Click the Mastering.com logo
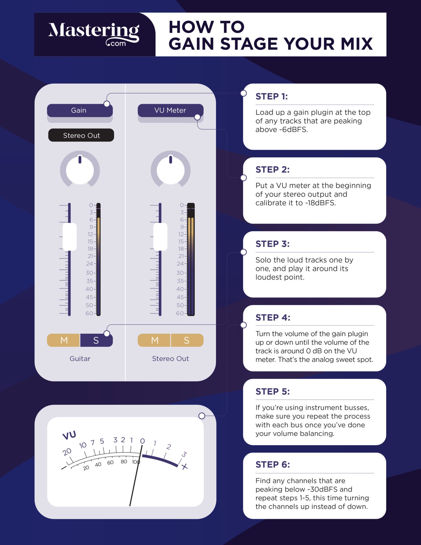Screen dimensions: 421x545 (94, 34)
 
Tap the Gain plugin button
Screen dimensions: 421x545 (80, 110)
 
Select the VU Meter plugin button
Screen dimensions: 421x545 (170, 110)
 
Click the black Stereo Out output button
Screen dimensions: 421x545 (81, 135)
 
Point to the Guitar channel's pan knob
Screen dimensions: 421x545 (80, 169)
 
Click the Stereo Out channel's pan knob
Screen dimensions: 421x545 (170, 169)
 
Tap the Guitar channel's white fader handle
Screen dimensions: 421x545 (70, 237)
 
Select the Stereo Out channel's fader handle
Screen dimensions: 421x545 (160, 237)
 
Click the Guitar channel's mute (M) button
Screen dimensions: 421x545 (64, 340)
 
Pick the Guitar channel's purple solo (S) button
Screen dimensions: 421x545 (96, 340)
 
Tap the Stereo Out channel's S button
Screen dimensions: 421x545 (187, 340)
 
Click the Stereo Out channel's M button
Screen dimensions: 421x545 (154, 340)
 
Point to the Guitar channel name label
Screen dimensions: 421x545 (80, 359)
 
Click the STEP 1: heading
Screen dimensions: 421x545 (272, 96)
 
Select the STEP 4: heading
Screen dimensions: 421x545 (273, 317)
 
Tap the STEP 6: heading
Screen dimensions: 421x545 (273, 464)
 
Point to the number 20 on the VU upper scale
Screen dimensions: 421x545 (67, 452)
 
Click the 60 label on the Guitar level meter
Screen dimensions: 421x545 (89, 313)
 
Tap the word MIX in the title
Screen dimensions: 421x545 (357, 44)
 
